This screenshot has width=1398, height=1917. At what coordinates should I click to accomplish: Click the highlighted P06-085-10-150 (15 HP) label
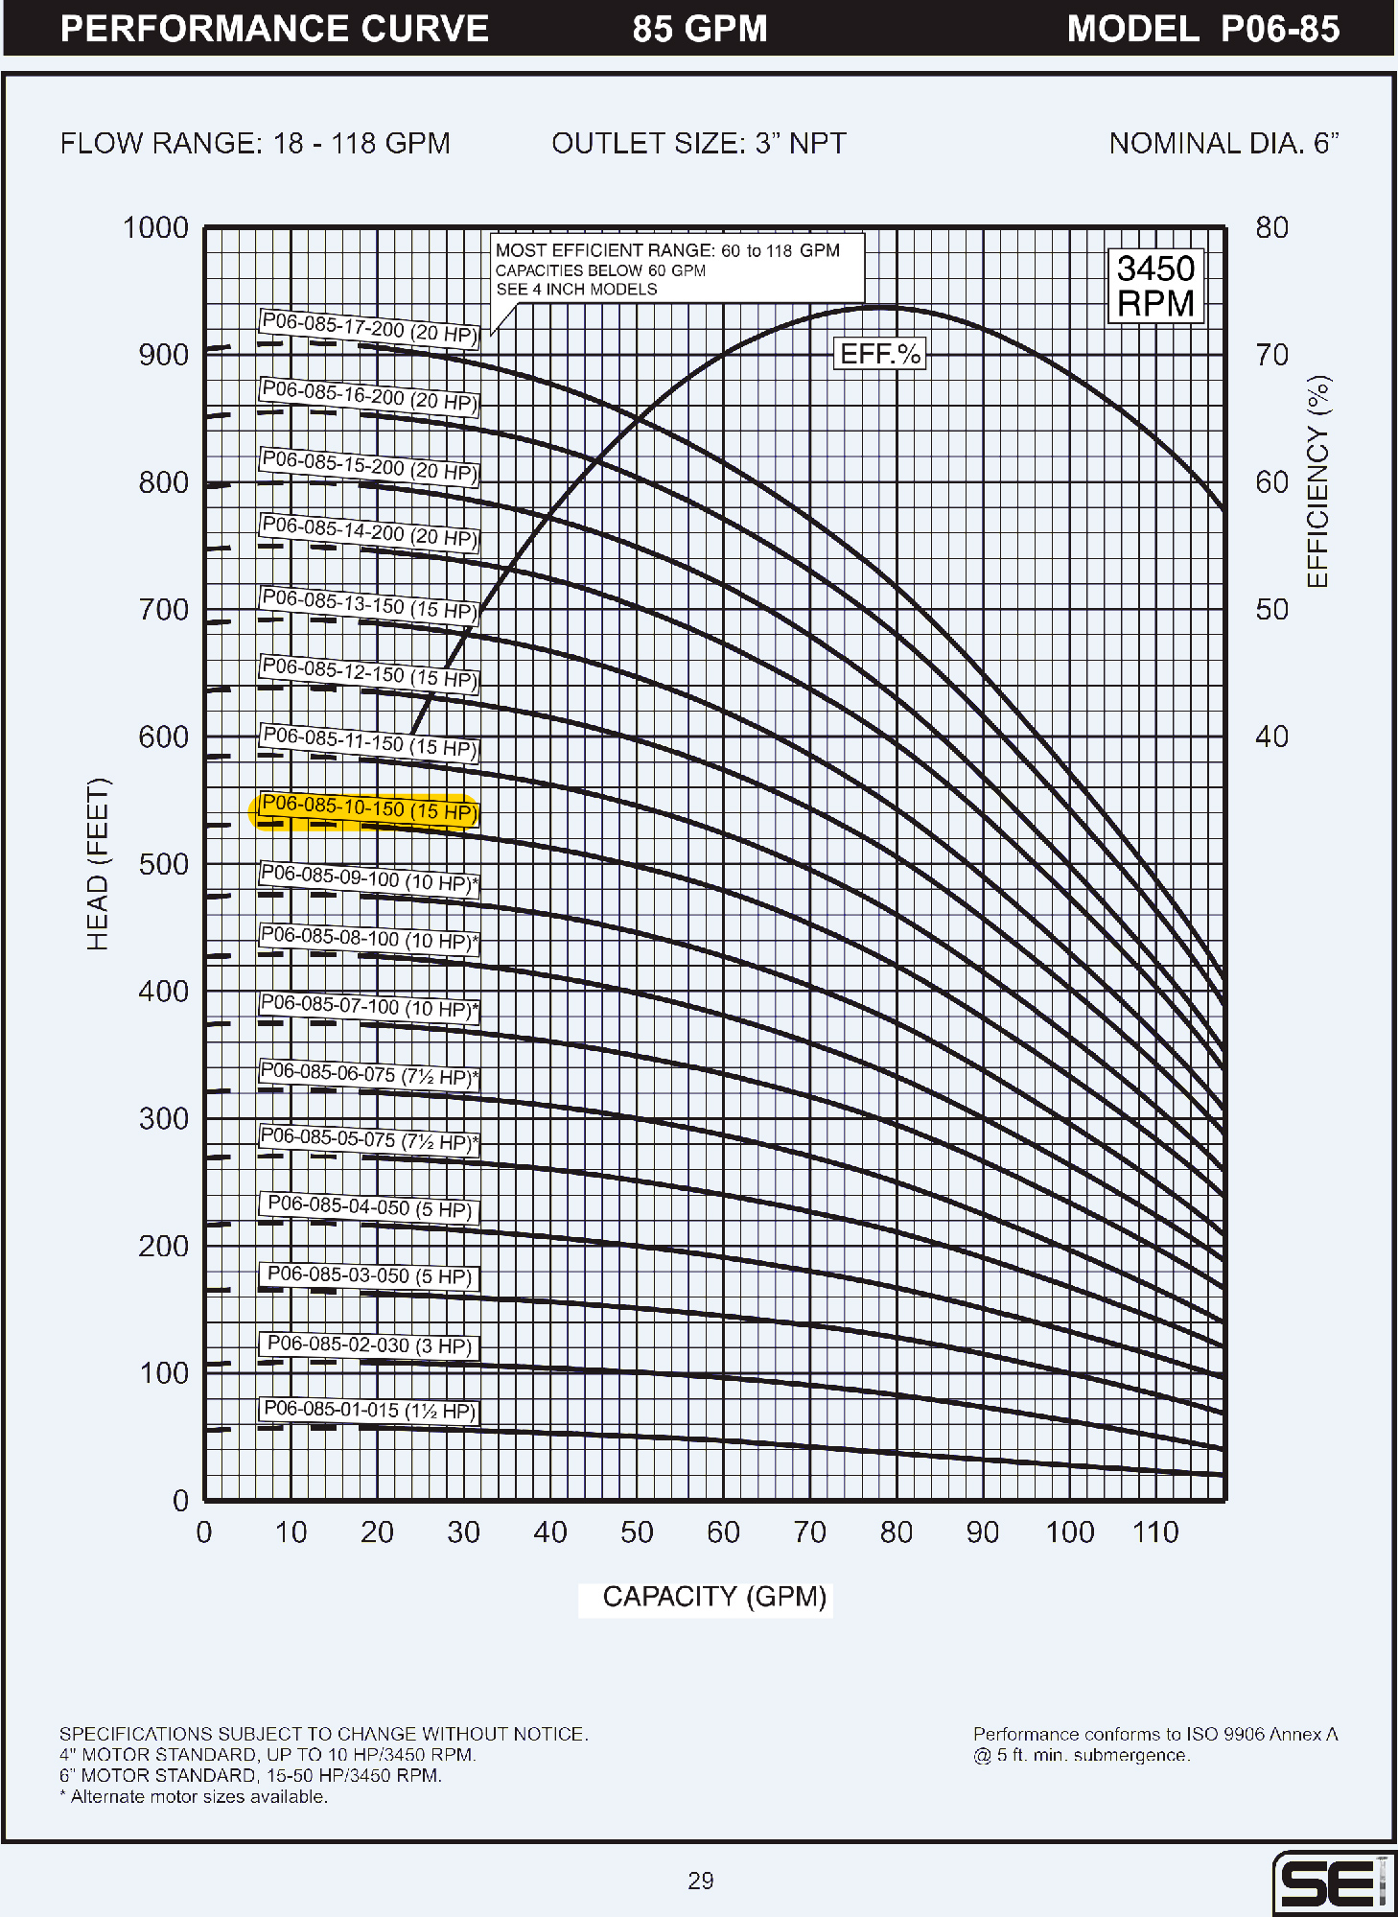click(x=368, y=808)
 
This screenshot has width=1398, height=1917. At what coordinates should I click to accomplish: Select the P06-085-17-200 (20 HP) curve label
click(x=368, y=328)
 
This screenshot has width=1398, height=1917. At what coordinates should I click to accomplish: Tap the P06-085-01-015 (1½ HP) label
click(x=368, y=1410)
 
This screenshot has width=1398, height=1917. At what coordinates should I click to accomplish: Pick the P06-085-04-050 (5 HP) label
click(x=368, y=1207)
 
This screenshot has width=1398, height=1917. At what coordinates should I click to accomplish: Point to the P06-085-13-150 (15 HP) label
click(x=368, y=604)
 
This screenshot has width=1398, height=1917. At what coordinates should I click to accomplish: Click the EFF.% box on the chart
click(x=879, y=354)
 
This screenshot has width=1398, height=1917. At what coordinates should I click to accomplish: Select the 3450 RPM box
click(x=1155, y=286)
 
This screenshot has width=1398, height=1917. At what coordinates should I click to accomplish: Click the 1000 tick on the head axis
click(x=155, y=228)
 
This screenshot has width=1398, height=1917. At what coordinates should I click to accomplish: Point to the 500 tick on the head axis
click(x=163, y=864)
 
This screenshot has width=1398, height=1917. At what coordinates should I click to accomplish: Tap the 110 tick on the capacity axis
click(x=1155, y=1532)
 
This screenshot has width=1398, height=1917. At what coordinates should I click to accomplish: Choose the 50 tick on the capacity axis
click(x=637, y=1532)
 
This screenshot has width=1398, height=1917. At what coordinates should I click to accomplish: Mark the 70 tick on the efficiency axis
click(x=1272, y=355)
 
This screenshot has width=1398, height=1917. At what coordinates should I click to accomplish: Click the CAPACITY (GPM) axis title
click(x=714, y=1597)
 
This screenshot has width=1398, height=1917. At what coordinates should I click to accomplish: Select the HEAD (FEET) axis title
click(x=98, y=864)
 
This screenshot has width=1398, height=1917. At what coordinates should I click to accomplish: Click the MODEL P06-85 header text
click(x=1202, y=29)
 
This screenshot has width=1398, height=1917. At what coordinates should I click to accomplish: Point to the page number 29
click(x=701, y=1881)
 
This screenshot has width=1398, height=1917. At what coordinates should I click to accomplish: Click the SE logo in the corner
click(x=1332, y=1883)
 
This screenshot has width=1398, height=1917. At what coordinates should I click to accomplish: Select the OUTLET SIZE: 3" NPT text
click(x=699, y=144)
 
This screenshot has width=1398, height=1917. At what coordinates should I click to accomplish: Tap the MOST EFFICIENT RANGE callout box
click(x=676, y=269)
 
